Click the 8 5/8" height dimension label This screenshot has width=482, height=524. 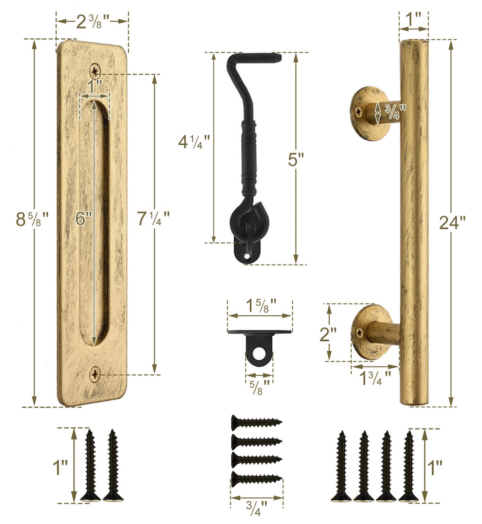point(32,219)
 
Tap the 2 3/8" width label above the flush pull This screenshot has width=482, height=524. point(92,22)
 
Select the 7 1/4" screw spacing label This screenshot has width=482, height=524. point(153,218)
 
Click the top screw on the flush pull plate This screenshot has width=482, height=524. point(95,70)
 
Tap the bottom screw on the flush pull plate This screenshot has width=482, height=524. point(95,374)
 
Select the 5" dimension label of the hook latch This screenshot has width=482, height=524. point(296,160)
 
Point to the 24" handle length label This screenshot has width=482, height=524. point(452,223)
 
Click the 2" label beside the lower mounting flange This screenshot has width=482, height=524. point(328,334)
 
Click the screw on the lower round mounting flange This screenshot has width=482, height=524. point(359,333)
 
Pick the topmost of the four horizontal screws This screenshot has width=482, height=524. point(256,422)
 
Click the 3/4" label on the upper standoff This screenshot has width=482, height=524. point(395,111)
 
